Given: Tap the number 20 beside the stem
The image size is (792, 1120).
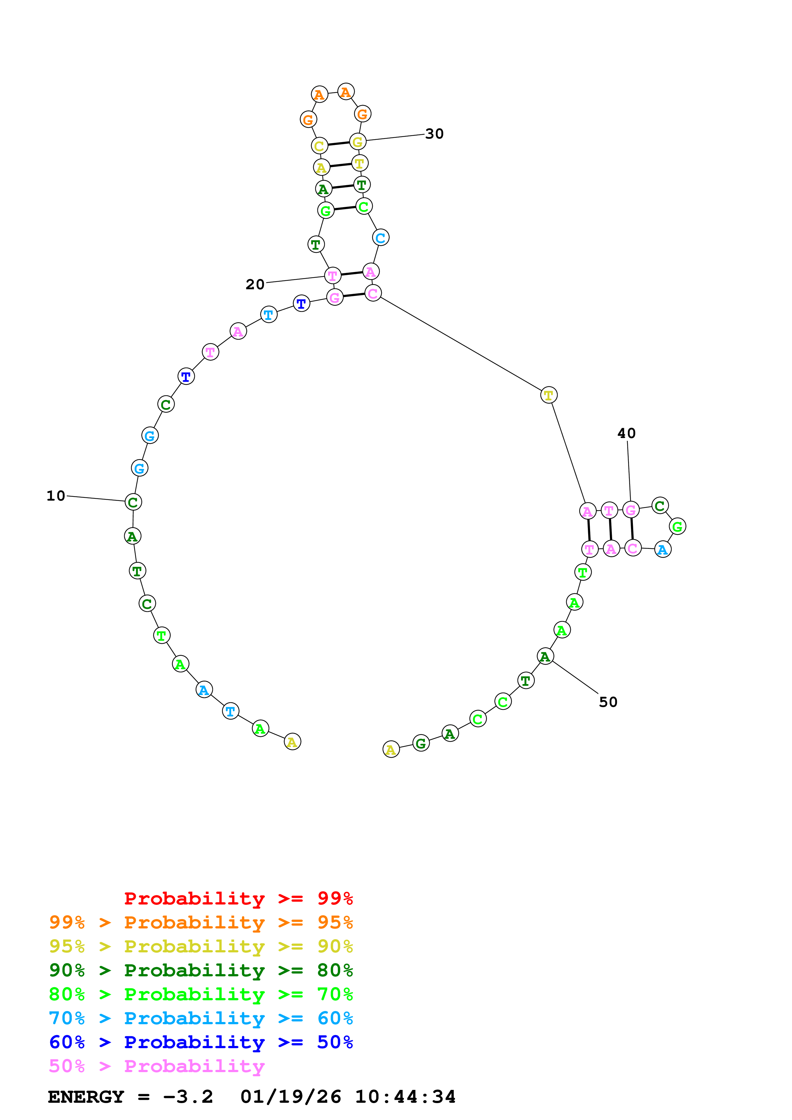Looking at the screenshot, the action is coord(255,284).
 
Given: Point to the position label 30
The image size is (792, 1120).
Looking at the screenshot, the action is coord(434,134).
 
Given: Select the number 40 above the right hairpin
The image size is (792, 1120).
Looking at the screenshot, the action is coord(626,433).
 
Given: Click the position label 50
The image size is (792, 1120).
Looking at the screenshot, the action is coord(608,702).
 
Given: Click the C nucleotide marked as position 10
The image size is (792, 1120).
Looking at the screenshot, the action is coord(133,502).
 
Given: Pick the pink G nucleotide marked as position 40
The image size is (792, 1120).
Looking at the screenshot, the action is coord(630,510).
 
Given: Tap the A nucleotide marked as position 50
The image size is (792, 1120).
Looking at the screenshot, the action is coord(545,657).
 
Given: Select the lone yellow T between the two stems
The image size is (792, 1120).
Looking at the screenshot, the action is coord(549,395).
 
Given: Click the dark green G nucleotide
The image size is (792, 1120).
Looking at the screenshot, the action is coord(421,743).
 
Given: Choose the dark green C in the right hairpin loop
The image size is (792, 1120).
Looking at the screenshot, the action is coord(660,506).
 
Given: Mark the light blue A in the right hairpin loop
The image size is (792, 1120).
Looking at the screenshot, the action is coord(662,550).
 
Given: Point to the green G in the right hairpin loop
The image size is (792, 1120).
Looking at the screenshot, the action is coord(677,526).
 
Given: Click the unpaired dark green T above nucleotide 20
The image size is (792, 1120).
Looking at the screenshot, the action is coord(316,244).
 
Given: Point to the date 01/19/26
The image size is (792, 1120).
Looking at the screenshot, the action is coord(290,1097).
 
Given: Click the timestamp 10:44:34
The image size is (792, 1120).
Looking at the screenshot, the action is coord(405,1097).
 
